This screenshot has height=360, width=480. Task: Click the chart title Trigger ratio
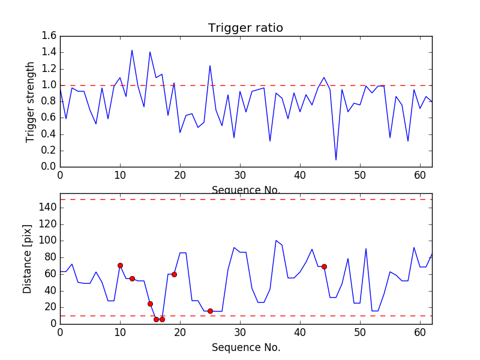tap(245, 28)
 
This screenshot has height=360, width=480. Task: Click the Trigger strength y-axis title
tap(31, 101)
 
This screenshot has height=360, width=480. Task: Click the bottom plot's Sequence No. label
tap(245, 347)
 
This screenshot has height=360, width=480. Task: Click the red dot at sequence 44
tap(324, 266)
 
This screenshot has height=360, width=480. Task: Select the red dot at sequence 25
tap(210, 311)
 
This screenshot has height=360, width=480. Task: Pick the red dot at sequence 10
tap(120, 265)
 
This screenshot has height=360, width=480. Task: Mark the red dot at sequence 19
tap(174, 274)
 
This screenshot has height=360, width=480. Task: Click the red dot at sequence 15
tap(150, 304)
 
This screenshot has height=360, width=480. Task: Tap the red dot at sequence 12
tap(132, 278)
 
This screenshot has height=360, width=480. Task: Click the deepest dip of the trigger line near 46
tap(336, 160)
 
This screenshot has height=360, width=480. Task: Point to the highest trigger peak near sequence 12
tap(132, 50)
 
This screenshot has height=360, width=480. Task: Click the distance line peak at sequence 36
tap(276, 241)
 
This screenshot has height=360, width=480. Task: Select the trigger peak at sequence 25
tap(210, 66)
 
